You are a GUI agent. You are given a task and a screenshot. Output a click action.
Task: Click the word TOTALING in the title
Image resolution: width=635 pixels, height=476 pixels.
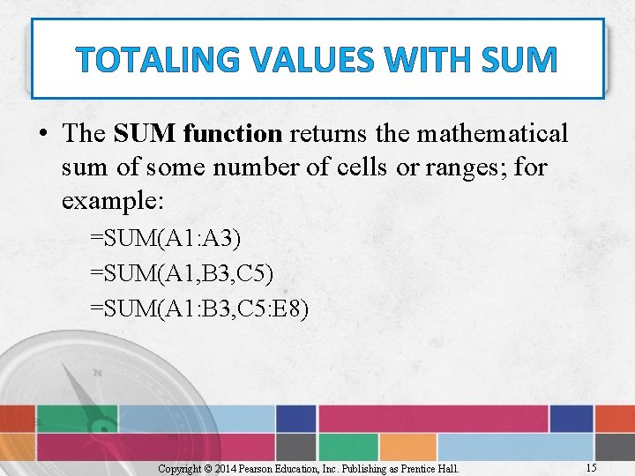pos(153,60)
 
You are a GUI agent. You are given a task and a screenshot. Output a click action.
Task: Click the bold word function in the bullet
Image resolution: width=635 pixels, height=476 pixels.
pos(233,134)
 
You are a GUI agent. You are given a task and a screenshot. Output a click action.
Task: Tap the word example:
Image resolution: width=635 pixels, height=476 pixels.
pos(113,200)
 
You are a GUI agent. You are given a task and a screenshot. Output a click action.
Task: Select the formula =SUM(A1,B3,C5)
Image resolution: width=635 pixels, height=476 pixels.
pos(181,275)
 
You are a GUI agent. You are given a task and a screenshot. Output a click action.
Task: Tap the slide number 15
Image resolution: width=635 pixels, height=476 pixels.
pos(590,467)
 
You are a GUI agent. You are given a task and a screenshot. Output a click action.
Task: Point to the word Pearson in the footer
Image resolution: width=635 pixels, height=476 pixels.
pos(269,469)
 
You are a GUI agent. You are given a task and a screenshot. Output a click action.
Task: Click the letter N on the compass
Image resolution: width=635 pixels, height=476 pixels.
pos(97,373)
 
